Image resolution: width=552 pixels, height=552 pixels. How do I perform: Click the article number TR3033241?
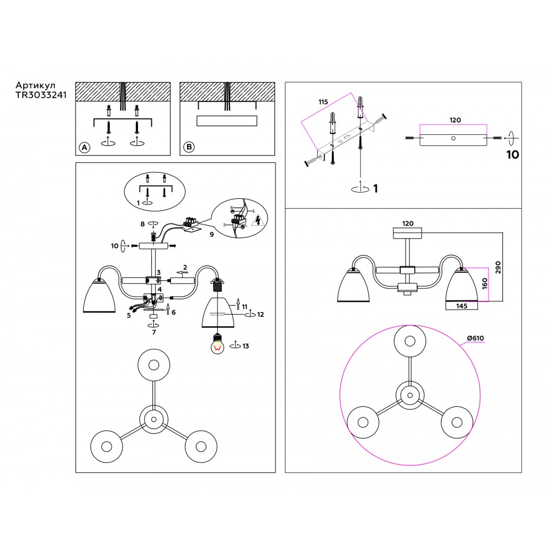coord(41,94)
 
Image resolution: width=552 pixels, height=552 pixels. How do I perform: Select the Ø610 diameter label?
coord(475,338)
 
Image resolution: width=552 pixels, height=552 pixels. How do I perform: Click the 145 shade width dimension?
coord(463,305)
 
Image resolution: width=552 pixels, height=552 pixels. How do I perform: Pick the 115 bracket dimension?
coord(323,102)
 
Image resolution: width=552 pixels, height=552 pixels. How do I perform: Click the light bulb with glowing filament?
coord(219,345)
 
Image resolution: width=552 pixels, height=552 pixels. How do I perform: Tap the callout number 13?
coord(246,347)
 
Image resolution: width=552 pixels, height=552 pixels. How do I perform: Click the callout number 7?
coord(154,332)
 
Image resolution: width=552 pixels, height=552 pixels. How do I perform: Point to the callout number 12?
coord(261,315)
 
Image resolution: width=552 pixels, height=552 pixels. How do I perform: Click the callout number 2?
coord(185,267)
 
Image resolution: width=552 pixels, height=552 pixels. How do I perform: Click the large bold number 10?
coord(512,155)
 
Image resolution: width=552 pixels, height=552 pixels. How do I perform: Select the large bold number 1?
coord(375,189)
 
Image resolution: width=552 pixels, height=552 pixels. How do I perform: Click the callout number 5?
coord(128,316)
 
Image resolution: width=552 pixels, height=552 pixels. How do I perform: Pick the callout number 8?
coord(142,224)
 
